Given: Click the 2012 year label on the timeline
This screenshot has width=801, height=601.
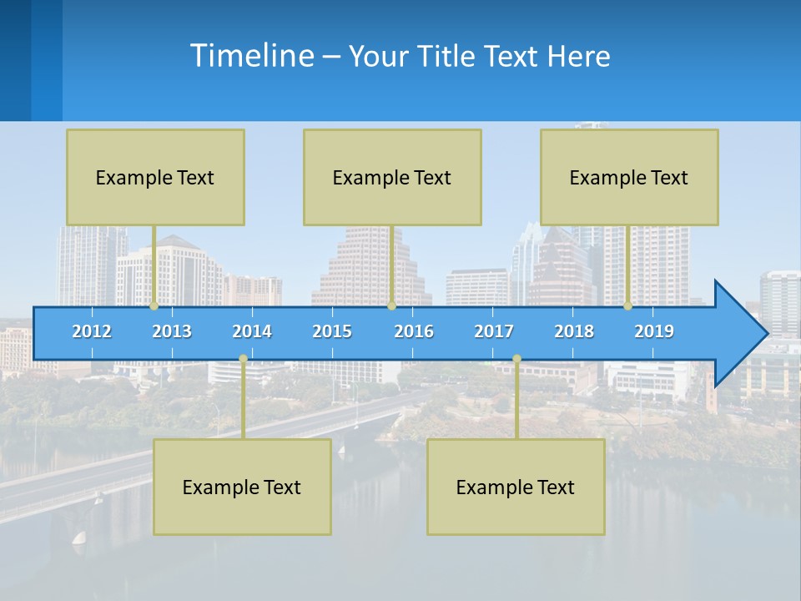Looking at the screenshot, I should [92, 331].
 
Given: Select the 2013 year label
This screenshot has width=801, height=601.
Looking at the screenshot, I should [172, 331].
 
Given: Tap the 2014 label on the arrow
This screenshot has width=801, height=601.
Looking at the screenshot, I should [252, 331].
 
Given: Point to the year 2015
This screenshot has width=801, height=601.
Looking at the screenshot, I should [332, 331].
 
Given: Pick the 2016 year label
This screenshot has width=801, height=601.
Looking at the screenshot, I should [414, 331].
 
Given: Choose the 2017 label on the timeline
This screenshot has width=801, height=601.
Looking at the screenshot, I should [494, 331].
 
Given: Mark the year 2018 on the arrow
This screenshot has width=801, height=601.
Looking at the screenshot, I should [574, 331].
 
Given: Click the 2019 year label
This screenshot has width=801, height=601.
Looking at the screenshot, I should [654, 331].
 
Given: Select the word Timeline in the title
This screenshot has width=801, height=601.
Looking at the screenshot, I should [250, 56].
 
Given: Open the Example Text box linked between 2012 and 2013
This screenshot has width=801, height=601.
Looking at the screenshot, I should [155, 177].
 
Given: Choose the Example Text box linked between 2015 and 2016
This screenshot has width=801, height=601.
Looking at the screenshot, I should [392, 177].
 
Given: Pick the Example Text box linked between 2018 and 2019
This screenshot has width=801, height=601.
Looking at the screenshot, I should [629, 177].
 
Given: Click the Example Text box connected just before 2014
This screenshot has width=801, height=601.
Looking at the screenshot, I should [242, 487].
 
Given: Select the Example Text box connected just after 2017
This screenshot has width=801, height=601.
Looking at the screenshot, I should [516, 487].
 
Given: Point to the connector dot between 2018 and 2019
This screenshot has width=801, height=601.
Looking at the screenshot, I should [628, 306].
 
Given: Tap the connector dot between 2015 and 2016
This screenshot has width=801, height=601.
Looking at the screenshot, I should [391, 306].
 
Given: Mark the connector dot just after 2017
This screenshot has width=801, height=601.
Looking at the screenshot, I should [516, 359].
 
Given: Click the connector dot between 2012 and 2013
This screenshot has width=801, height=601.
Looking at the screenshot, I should [154, 306].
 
